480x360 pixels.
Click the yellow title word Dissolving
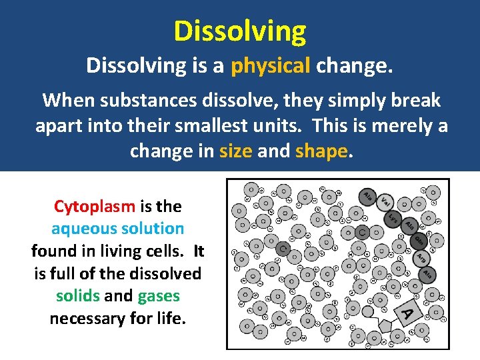(240, 31)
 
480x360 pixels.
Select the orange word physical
(271, 65)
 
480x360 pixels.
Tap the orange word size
(235, 151)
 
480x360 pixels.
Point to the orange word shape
(321, 151)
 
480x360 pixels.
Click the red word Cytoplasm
(94, 206)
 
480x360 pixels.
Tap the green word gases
(159, 295)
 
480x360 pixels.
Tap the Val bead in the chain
(385, 201)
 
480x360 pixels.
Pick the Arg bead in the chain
(421, 257)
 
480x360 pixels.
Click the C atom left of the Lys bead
(362, 233)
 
